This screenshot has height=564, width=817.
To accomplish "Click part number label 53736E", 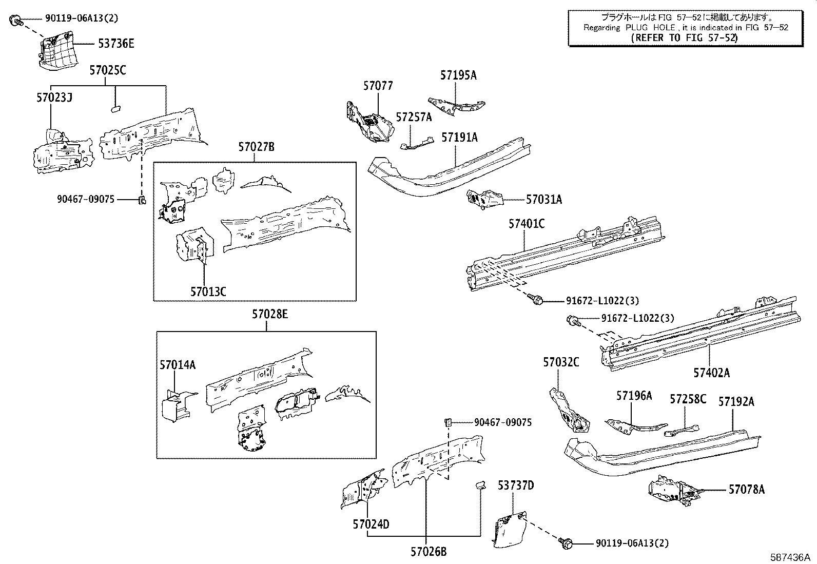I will click(116, 44).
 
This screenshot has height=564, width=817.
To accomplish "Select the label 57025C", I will click(107, 71).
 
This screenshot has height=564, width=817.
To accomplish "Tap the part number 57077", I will click(378, 86).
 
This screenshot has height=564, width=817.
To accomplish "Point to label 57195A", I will click(458, 75).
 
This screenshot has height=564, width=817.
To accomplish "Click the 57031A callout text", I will click(543, 200).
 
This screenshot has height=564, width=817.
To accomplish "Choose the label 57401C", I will click(527, 224).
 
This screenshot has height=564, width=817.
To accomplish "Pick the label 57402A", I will click(711, 373).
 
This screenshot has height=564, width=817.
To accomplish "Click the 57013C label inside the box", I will click(208, 292).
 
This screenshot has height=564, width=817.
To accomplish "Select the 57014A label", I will click(177, 365).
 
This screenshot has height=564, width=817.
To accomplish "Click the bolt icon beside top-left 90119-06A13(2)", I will click(15, 20).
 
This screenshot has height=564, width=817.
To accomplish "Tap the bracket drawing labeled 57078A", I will click(671, 490).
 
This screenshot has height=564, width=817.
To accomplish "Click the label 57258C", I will click(688, 399).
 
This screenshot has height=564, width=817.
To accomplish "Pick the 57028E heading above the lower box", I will click(269, 315).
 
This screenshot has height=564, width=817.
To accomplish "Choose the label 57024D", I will click(371, 524).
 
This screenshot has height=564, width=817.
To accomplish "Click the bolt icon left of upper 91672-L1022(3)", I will click(537, 300).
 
